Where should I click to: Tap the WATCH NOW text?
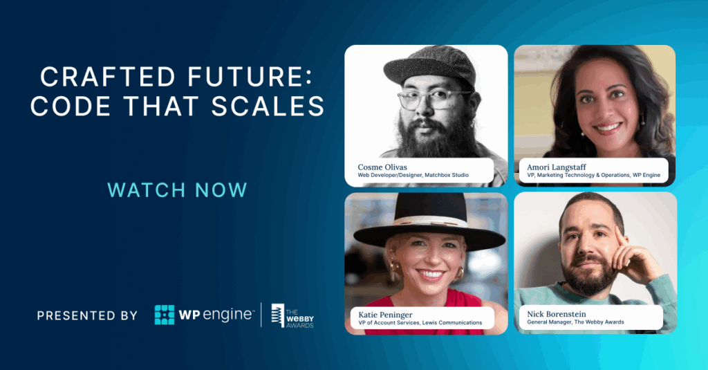click(178, 189)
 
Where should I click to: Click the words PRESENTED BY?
click(87, 315)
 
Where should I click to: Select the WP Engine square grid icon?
click(165, 315)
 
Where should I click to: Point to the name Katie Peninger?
click(384, 314)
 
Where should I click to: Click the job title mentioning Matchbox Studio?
click(413, 176)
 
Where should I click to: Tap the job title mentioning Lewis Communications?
click(420, 322)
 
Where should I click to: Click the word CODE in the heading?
click(64, 107)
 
